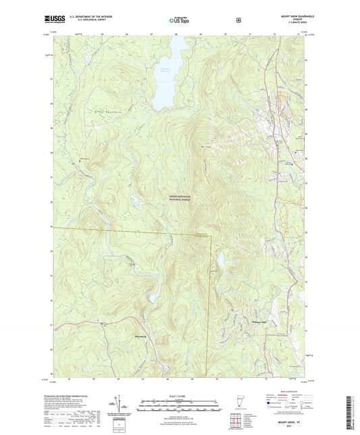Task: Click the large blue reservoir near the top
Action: click(x=165, y=74)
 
